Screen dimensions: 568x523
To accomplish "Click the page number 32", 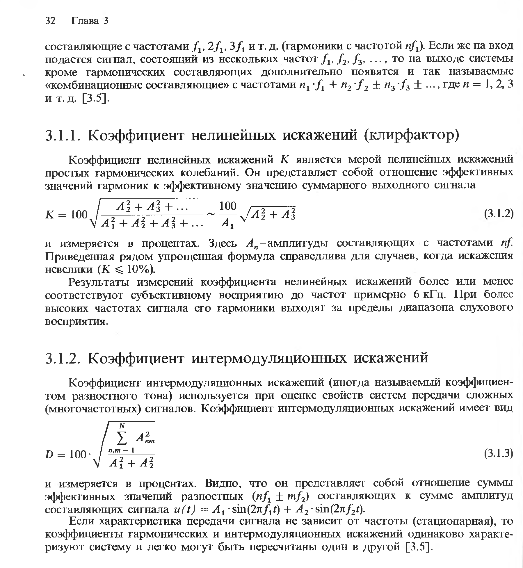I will [51, 21].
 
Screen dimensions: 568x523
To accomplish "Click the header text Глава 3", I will [90, 21].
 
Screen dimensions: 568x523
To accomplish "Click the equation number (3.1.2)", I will [499, 214].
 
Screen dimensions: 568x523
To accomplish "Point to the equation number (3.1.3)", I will [499, 453].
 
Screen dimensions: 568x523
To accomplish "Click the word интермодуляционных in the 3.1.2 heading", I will [269, 358].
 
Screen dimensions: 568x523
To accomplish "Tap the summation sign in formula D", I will [122, 439].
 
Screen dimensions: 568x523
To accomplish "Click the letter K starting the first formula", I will [50, 215].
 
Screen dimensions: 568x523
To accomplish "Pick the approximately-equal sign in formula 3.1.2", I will [212, 215].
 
